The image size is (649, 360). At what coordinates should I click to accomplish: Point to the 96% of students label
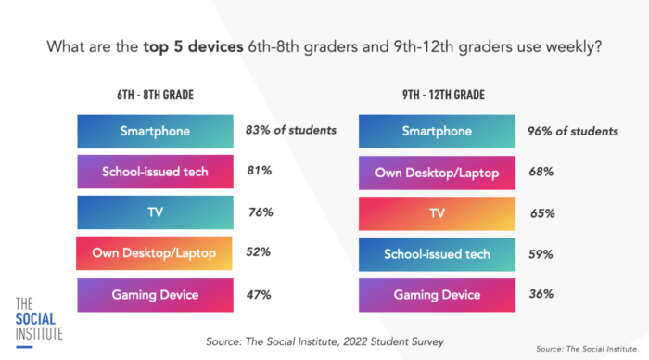(x=574, y=132)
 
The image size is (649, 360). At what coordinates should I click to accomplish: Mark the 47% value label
(x=259, y=295)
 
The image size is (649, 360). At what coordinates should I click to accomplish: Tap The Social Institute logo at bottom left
(x=37, y=318)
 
